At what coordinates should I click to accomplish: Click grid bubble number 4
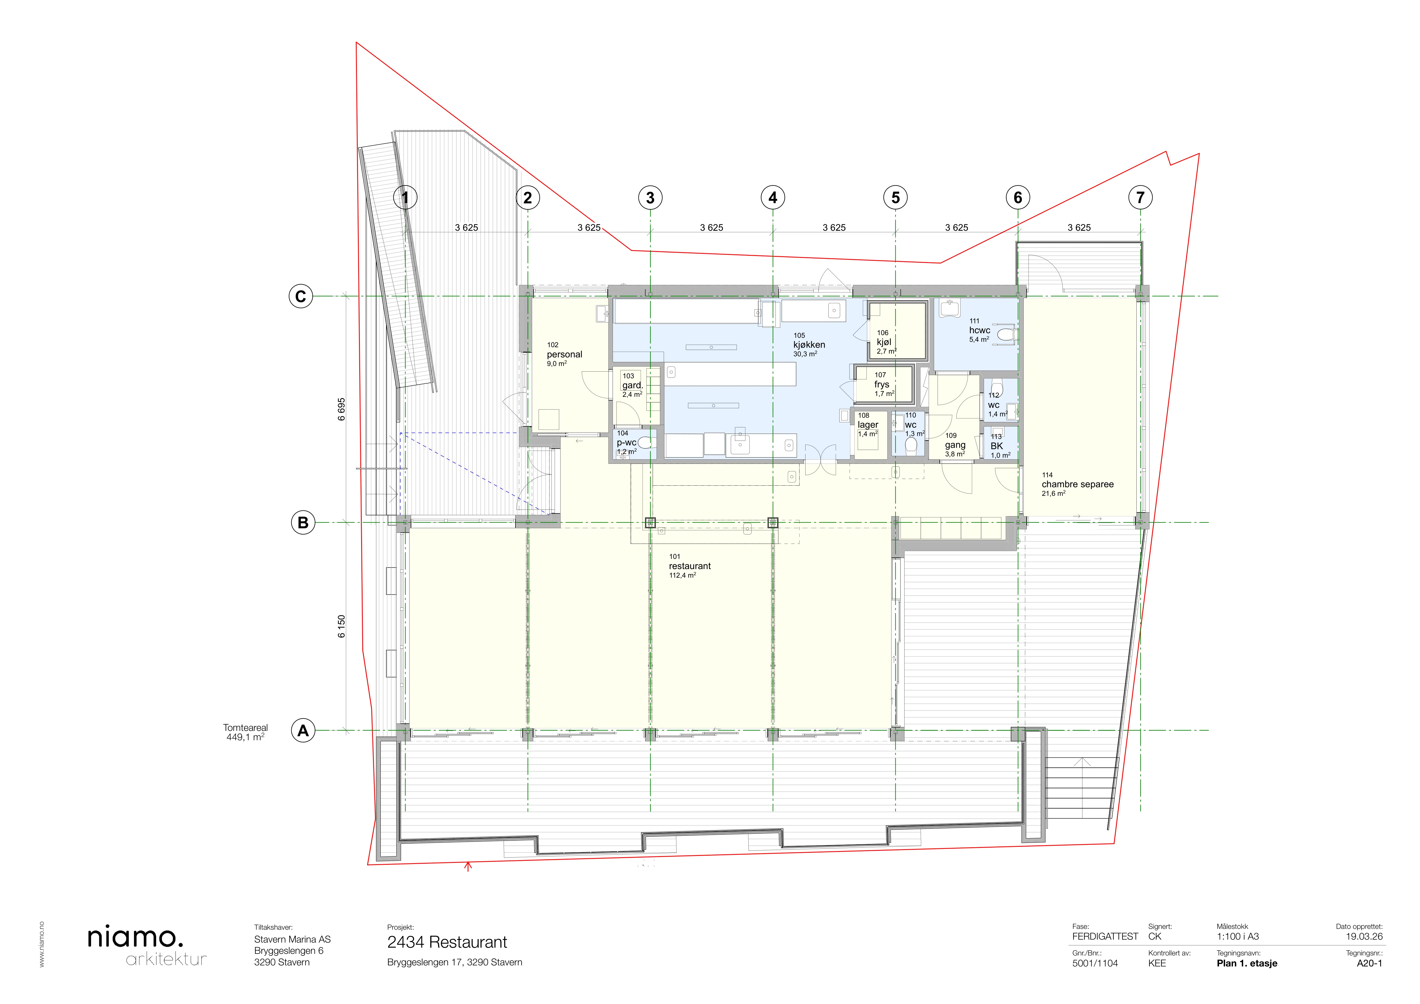(x=773, y=198)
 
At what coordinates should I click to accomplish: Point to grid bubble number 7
(x=1140, y=198)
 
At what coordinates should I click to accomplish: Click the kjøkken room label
(x=809, y=345)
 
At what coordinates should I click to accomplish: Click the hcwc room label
(x=980, y=330)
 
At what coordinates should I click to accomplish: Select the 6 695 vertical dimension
(x=341, y=409)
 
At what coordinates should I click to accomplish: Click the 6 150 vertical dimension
(x=341, y=626)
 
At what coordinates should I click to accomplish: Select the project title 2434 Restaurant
(x=447, y=942)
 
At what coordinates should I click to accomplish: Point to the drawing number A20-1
(x=1369, y=963)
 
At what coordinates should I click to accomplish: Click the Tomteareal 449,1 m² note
(x=246, y=732)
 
